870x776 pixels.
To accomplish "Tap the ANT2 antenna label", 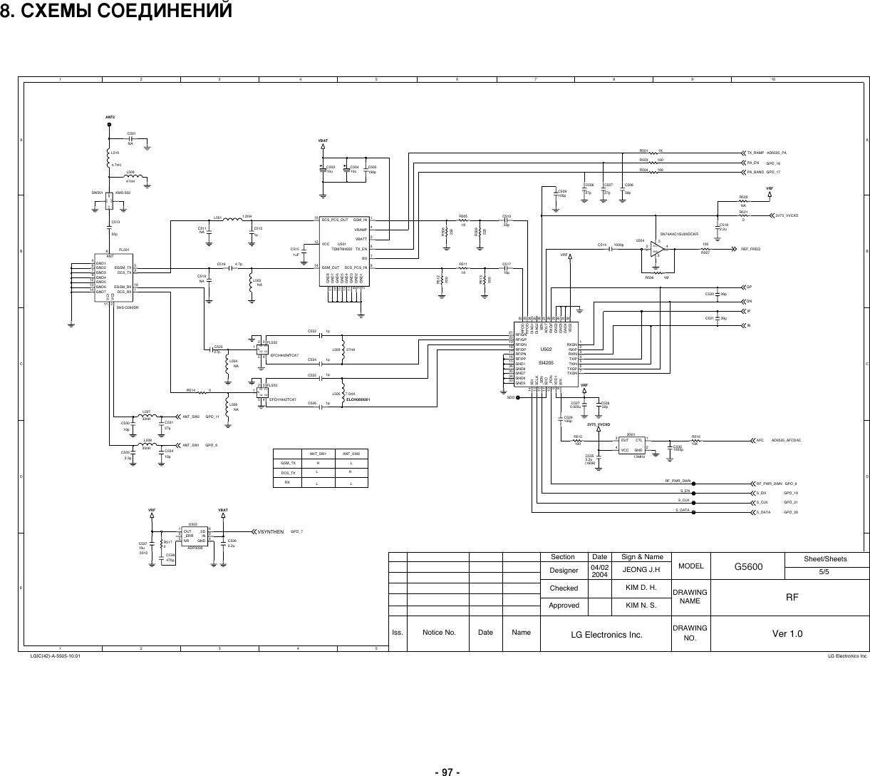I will (110, 116).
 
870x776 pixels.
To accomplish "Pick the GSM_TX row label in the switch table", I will (289, 463).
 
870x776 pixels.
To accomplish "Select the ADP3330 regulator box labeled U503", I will (193, 535).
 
